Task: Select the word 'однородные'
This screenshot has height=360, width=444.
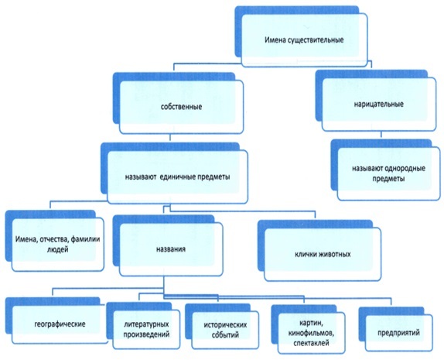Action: pos(405,168)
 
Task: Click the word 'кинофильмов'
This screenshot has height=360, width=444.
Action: pos(312,333)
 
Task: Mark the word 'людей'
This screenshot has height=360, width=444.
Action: pos(57,250)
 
